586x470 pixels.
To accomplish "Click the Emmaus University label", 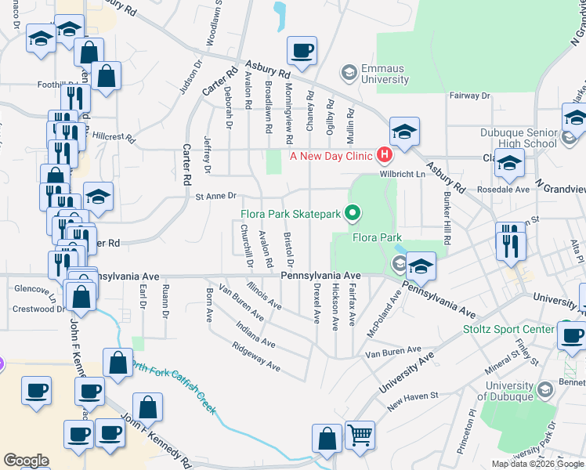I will (384, 74).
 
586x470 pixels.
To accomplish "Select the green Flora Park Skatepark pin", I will (352, 212).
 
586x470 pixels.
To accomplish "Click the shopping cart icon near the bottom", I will (360, 434).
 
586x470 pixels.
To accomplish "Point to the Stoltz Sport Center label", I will (508, 330).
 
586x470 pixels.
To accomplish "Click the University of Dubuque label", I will (520, 391).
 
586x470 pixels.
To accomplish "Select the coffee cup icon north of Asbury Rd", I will (302, 51).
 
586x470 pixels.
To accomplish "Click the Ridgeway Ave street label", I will (255, 356).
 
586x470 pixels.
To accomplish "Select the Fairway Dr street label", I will (468, 96).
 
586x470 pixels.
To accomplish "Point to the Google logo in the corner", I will (26, 461).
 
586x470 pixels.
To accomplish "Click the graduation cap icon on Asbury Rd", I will (404, 131).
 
